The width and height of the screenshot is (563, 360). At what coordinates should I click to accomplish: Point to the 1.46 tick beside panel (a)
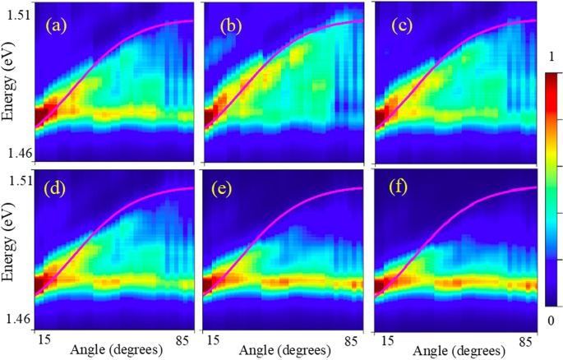(19, 154)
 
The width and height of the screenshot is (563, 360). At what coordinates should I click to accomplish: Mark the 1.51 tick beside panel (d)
(19, 181)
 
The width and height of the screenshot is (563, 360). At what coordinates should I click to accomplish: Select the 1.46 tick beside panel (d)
(19, 319)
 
